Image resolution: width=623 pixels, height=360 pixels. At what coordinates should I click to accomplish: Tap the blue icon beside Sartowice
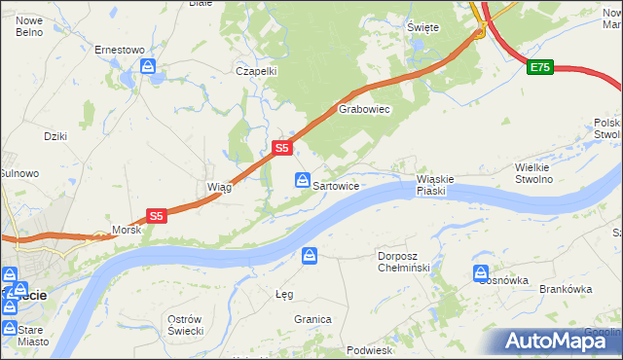click(x=303, y=181)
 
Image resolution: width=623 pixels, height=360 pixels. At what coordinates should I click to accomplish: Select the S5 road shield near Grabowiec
click(x=280, y=148)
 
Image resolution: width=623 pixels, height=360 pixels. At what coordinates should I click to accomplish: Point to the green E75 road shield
click(x=540, y=67)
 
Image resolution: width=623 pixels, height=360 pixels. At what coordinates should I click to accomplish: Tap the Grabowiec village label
click(x=364, y=110)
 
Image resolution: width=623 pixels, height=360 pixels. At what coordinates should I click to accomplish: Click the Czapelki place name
click(x=257, y=71)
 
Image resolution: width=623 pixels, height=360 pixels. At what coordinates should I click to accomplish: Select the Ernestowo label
click(x=119, y=49)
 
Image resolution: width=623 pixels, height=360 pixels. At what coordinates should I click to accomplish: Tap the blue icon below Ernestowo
click(x=148, y=66)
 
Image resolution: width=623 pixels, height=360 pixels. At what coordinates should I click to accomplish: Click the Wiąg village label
click(x=218, y=187)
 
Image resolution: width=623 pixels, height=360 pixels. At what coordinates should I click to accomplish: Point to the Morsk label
click(x=127, y=230)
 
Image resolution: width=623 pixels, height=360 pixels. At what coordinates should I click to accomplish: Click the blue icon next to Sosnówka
click(x=480, y=273)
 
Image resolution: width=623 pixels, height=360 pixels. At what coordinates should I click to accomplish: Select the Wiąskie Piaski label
click(x=435, y=185)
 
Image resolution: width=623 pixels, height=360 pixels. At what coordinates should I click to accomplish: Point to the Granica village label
click(x=313, y=319)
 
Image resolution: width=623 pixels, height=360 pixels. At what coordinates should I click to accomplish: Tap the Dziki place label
click(x=55, y=136)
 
